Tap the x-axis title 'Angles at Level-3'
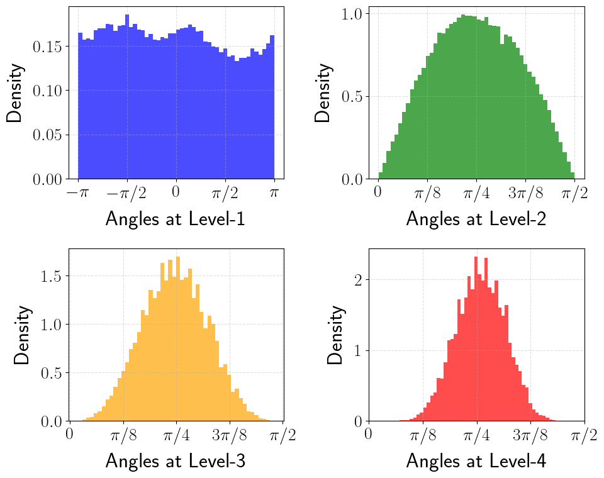(175, 461)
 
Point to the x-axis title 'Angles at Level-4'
(476, 461)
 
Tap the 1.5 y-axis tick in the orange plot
(49, 276)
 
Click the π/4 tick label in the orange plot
(176, 435)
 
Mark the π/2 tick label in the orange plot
(283, 435)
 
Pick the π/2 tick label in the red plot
(584, 435)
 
